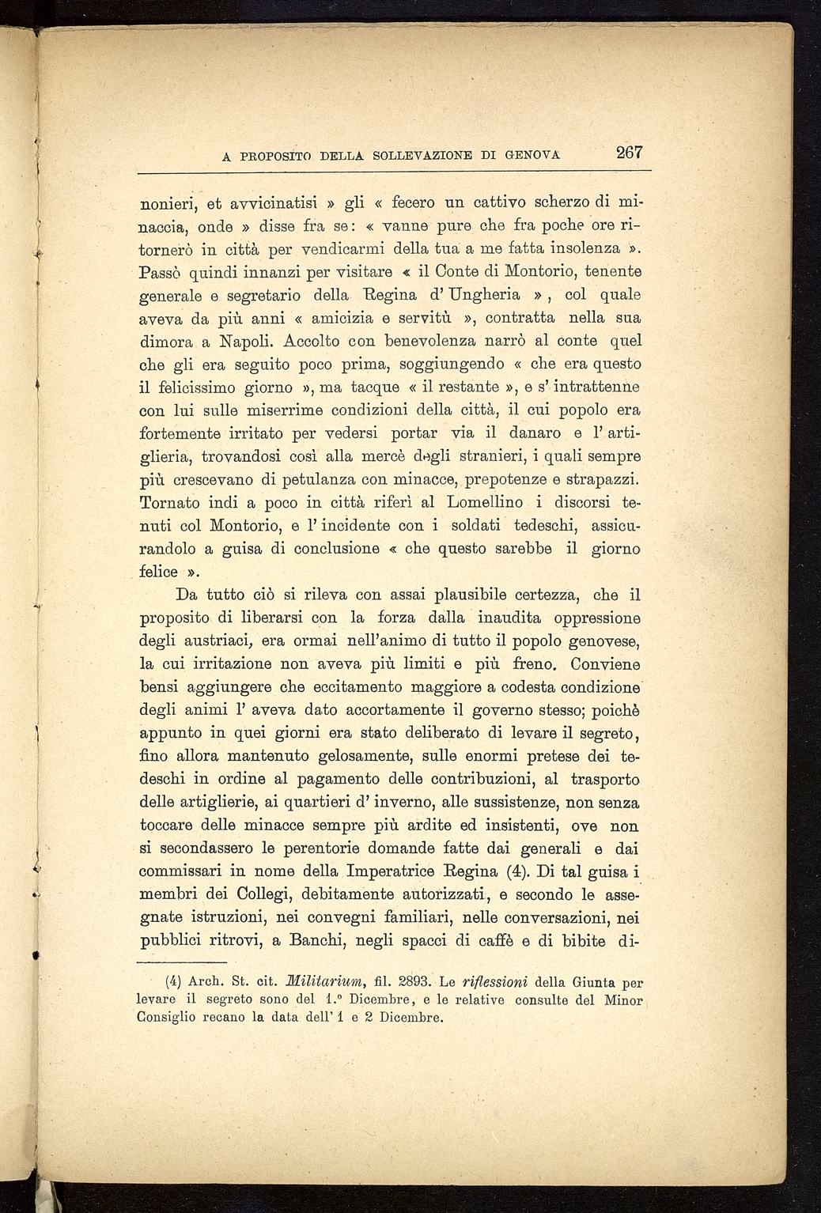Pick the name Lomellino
click(x=485, y=502)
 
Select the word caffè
click(x=501, y=941)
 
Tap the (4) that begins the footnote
click(x=175, y=982)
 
